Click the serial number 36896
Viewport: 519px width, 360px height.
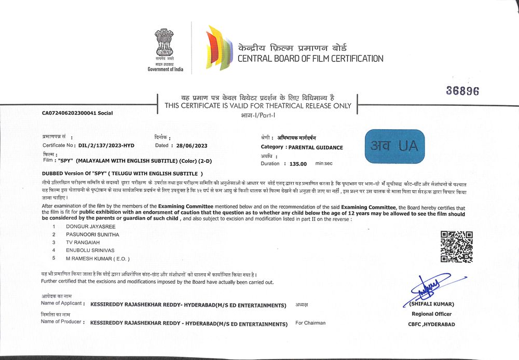click(462, 91)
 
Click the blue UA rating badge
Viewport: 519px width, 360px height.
click(394, 146)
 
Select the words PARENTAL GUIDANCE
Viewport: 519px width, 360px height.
click(316, 147)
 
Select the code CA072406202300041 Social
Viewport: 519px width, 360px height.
click(77, 113)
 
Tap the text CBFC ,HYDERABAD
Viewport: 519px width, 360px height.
click(431, 324)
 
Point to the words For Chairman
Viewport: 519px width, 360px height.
click(310, 323)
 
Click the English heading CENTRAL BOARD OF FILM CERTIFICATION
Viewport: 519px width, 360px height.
click(310, 59)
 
